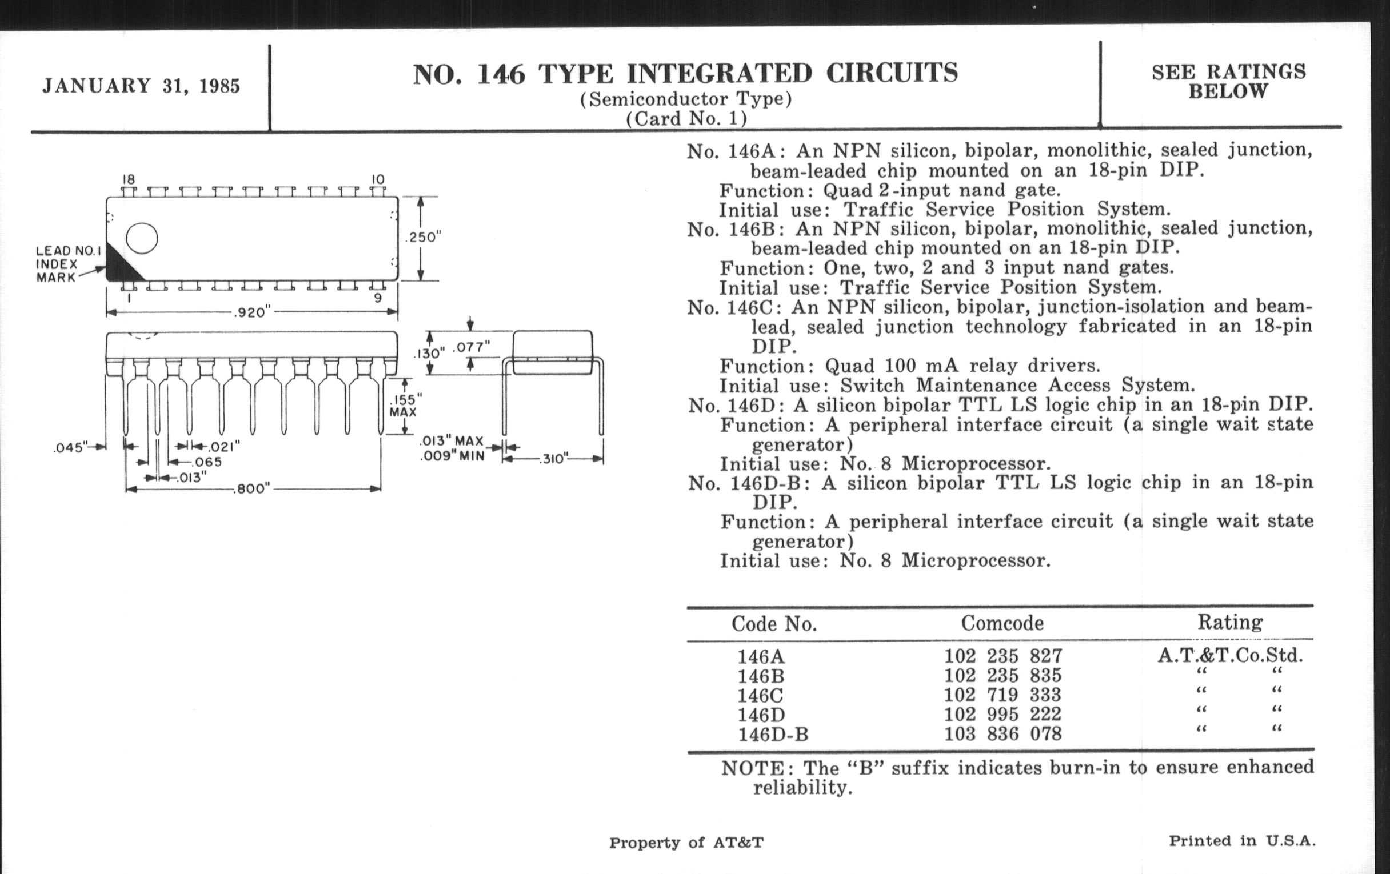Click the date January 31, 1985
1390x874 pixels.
click(x=141, y=86)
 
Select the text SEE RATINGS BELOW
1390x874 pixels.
click(x=1228, y=81)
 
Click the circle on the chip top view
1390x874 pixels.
click(x=141, y=238)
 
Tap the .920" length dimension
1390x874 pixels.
click(x=252, y=312)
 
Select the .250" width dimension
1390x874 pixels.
click(x=423, y=238)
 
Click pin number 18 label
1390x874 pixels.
click(x=128, y=179)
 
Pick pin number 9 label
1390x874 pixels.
click(x=378, y=298)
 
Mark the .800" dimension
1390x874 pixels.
click(x=251, y=489)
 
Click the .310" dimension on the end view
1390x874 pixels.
click(x=553, y=459)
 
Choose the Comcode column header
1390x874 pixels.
click(x=1002, y=623)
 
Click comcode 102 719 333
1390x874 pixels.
click(x=1002, y=695)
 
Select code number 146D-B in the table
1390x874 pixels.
click(x=773, y=735)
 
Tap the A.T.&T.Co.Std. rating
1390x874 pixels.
click(x=1230, y=656)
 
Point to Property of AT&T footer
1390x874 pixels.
click(x=686, y=843)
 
